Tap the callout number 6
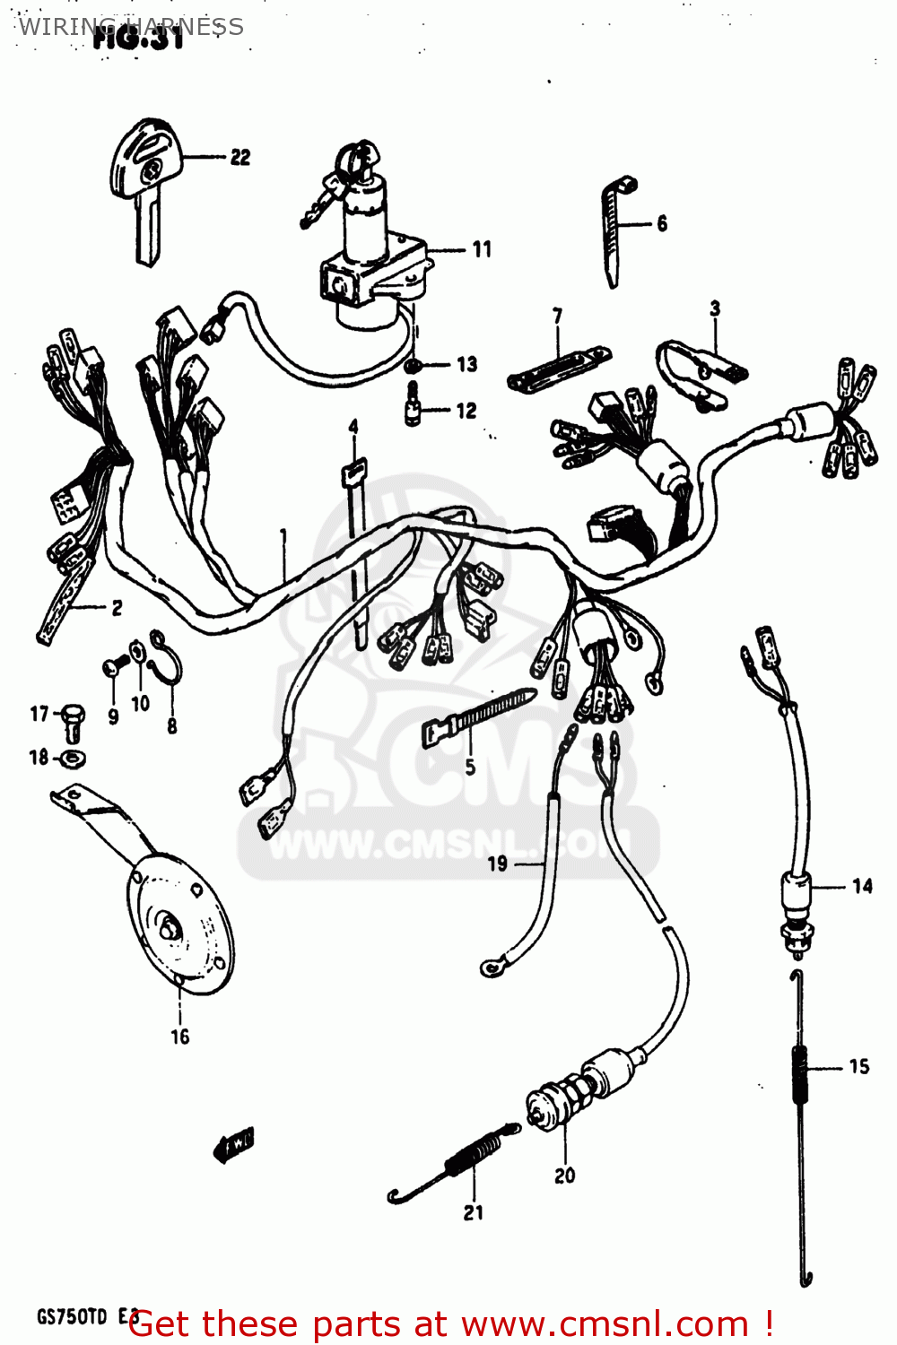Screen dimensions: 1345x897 [x=662, y=223]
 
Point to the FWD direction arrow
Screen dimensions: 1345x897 [x=233, y=1142]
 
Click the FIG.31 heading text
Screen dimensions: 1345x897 [x=140, y=38]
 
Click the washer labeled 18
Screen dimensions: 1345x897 [x=73, y=759]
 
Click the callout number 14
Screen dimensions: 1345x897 [x=862, y=887]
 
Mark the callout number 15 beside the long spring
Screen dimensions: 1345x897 [x=858, y=1067]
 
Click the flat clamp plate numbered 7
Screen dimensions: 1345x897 [x=558, y=368]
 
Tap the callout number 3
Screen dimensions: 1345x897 [x=715, y=308]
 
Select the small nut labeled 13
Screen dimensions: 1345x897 [x=414, y=365]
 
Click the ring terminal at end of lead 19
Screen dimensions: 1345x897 [x=492, y=966]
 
